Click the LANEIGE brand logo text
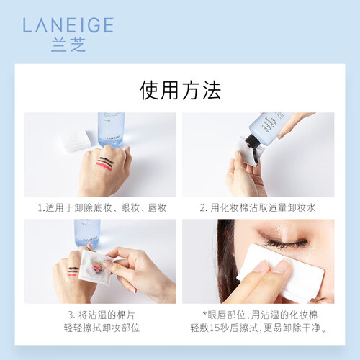68,25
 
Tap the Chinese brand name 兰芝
68,45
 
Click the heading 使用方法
180,90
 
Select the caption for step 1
102,208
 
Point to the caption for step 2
258,208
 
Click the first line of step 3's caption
102,315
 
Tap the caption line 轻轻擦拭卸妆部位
102,328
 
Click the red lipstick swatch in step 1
104,166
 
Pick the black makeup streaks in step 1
105,161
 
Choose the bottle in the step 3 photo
87,233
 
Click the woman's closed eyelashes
286,243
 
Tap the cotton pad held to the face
281,274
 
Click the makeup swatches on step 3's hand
73,271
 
